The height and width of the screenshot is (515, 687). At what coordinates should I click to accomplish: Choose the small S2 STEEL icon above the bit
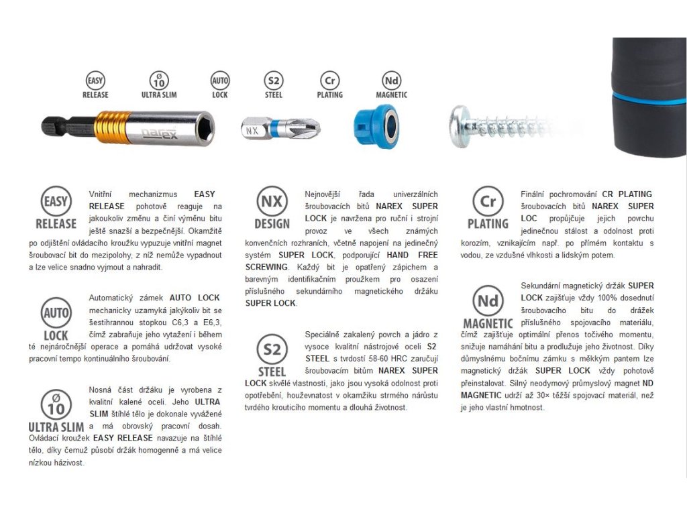click(274, 85)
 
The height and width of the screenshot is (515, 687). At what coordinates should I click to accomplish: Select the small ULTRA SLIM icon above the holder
click(159, 85)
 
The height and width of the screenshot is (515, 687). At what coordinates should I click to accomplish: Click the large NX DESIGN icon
click(272, 208)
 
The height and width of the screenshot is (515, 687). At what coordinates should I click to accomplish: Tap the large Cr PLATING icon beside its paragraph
click(488, 208)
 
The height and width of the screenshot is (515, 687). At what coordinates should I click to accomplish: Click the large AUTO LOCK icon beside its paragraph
click(56, 319)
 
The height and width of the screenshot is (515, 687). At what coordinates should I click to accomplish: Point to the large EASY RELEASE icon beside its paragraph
click(56, 208)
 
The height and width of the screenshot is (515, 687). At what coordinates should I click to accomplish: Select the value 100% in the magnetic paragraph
click(579, 298)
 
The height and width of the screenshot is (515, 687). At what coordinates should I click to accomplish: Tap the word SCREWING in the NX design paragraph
click(266, 267)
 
